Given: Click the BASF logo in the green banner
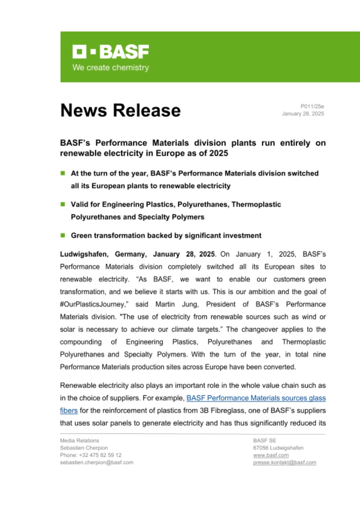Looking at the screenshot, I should pos(110,52).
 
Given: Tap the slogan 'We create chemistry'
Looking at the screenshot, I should pos(110,68).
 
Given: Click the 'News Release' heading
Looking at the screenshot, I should pos(120,110).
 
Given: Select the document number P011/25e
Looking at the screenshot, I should pos(312,106).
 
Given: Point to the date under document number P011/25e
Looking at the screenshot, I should pos(303,114).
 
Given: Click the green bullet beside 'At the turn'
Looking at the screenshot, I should pos(62,173).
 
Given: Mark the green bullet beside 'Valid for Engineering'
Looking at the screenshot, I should pos(62,204).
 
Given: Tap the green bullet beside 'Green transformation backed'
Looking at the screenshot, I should pos(62,235).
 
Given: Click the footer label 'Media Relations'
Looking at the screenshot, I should pos(80,441).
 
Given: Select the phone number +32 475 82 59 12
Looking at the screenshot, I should pos(91,455).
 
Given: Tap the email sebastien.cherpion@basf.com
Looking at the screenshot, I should pos(97,462).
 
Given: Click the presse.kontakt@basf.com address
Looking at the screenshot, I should pos(284,462).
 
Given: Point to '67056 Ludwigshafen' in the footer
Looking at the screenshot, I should pos(278,448).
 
